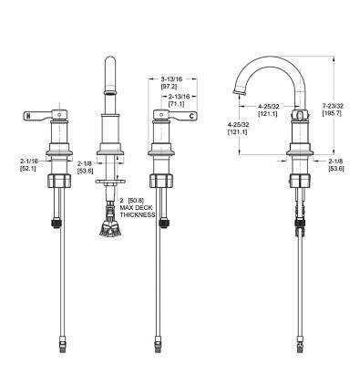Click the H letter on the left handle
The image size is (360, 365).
click(x=28, y=116)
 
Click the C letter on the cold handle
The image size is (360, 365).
click(x=191, y=116)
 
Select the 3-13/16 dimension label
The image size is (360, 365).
click(x=171, y=79)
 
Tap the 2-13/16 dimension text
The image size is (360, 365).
click(x=180, y=97)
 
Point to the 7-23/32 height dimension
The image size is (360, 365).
click(x=333, y=106)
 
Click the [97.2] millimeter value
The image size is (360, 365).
click(x=169, y=87)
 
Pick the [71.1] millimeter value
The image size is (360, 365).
click(x=176, y=104)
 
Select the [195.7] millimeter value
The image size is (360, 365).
click(x=332, y=113)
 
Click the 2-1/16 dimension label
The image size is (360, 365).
click(x=29, y=161)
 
